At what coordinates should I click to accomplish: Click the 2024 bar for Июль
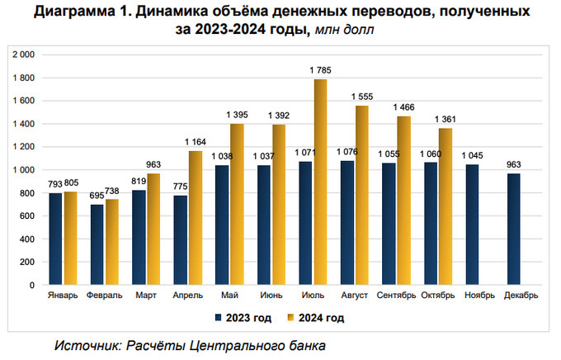coord(318,182)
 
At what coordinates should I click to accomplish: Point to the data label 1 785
coord(318,69)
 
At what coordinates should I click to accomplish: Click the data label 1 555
coord(361,97)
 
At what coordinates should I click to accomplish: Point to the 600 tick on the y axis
coord(27,216)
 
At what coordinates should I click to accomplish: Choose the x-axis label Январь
coord(64,295)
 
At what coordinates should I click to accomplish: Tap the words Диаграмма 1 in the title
coord(74,12)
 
